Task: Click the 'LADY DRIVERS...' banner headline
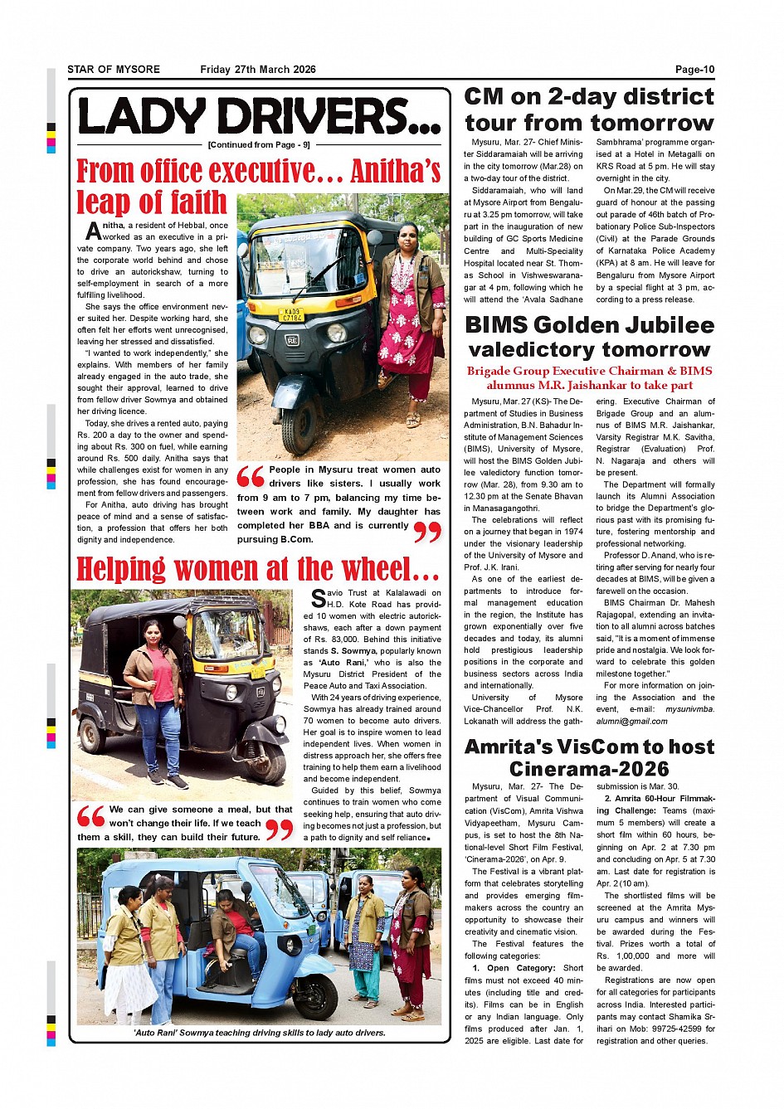259,117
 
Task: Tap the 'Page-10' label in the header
694,70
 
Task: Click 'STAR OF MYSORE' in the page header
114,70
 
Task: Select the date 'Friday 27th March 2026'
258,70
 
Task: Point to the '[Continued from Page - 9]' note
259,145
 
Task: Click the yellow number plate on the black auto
292,315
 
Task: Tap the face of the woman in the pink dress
407,233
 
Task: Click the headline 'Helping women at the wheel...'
258,569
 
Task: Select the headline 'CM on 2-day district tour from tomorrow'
589,109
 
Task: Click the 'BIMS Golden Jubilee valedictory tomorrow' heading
589,337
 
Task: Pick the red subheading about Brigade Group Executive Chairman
589,377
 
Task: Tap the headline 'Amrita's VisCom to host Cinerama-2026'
589,757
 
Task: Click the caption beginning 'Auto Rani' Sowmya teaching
259,1033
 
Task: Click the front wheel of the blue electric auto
314,996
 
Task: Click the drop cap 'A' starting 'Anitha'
94,231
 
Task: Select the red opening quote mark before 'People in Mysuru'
251,477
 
